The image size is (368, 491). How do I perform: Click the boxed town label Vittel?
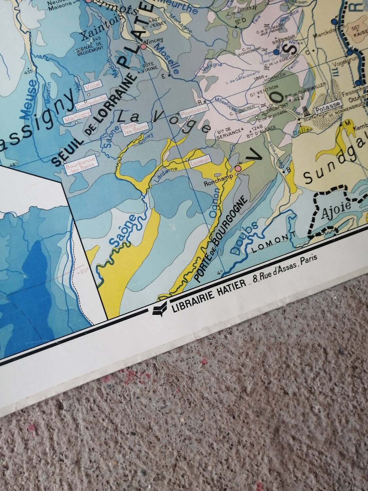(92, 87)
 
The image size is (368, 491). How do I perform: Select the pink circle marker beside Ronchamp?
(238, 168)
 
